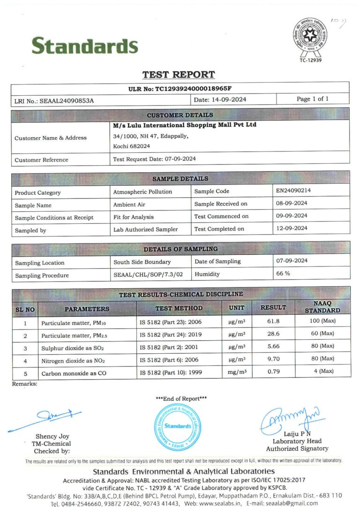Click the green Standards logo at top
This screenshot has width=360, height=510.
coord(85,46)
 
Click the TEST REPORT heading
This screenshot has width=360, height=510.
coord(179,75)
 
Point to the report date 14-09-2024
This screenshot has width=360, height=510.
coord(226,99)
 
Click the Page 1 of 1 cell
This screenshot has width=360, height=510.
coord(312,99)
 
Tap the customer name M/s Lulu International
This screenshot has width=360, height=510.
coord(185,125)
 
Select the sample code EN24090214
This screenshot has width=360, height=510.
coord(294,190)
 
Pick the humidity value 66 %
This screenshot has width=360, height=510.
coord(283,274)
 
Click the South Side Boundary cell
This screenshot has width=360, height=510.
coord(142,262)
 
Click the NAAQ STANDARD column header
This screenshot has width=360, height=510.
coord(322,307)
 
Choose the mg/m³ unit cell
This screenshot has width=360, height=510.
coord(237,372)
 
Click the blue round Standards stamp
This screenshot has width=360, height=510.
coord(178,426)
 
